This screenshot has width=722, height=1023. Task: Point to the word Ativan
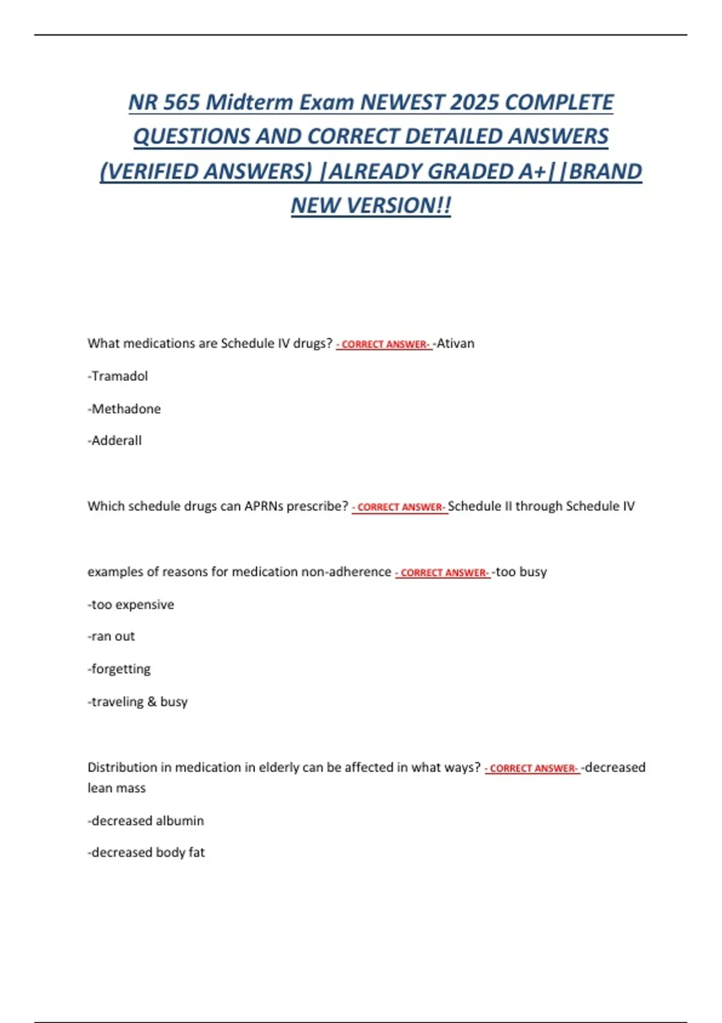click(455, 344)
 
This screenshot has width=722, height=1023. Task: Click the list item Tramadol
click(119, 376)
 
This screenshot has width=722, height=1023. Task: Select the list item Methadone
click(125, 409)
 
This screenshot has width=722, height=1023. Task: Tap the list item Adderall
click(116, 440)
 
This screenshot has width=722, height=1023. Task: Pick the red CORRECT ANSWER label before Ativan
click(384, 345)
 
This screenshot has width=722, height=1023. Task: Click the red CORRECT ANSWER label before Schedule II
click(400, 507)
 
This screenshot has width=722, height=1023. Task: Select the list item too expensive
click(132, 605)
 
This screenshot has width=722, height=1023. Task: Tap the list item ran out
click(112, 637)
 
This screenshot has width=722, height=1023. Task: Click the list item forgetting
click(120, 669)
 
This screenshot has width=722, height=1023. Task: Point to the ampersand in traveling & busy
click(152, 702)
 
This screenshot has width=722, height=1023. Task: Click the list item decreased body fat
click(147, 853)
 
